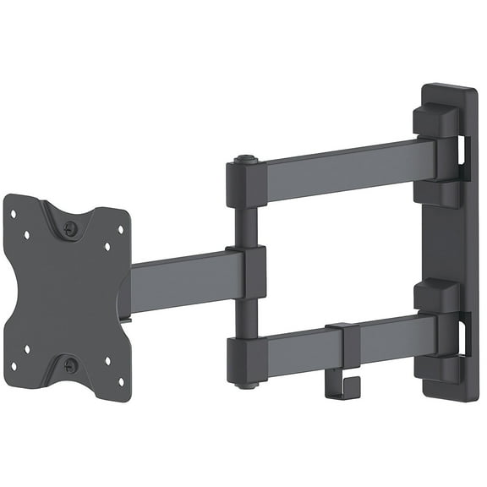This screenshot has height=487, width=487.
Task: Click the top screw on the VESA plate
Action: tap(70, 229)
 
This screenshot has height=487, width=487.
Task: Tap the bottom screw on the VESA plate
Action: tap(70, 365)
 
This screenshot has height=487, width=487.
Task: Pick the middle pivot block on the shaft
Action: tap(249, 272)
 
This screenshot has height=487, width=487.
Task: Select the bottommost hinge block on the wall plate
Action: tap(436, 367)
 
